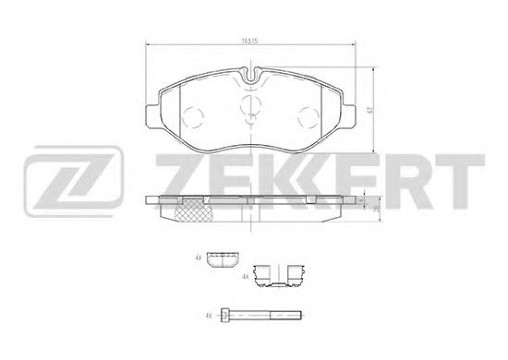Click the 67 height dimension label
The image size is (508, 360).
(368, 109)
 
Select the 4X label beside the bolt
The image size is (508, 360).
(209, 316)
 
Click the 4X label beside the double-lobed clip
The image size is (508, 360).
(244, 276)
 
